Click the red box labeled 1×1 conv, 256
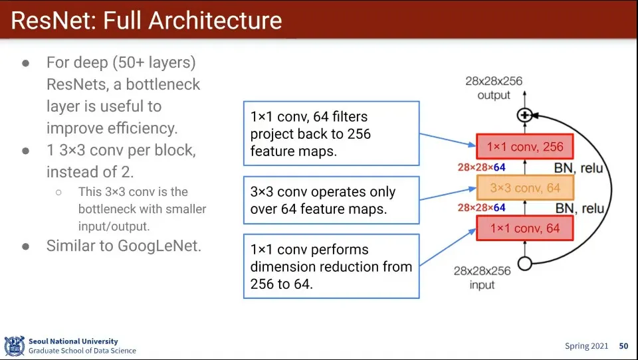pyautogui.click(x=524, y=147)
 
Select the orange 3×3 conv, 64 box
pyautogui.click(x=524, y=188)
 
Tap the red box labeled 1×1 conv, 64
pyautogui.click(x=524, y=228)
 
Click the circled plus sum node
pyautogui.click(x=525, y=115)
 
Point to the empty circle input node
pyautogui.click(x=525, y=264)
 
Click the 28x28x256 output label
pyautogui.click(x=494, y=88)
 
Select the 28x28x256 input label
pyautogui.click(x=482, y=278)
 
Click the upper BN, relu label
pyautogui.click(x=578, y=168)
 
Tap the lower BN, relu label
pyautogui.click(x=578, y=209)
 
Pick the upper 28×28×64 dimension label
pyautogui.click(x=481, y=167)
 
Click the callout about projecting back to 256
pyautogui.click(x=330, y=134)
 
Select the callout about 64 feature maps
pyautogui.click(x=330, y=201)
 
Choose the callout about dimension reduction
pyautogui.click(x=330, y=266)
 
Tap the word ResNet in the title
pyautogui.click(x=54, y=21)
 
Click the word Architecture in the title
pyautogui.click(x=215, y=21)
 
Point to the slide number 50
pyautogui.click(x=623, y=346)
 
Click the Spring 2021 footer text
pyautogui.click(x=587, y=346)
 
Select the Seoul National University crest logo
pyautogui.click(x=14, y=346)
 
